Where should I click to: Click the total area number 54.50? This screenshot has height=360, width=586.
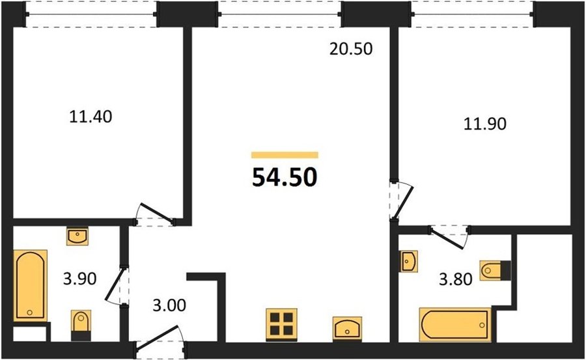(285, 177)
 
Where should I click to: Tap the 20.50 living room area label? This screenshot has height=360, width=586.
(351, 49)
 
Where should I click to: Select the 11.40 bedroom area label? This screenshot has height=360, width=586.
(91, 117)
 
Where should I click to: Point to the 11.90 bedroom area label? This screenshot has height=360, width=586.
(485, 124)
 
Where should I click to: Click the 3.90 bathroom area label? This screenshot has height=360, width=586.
(79, 279)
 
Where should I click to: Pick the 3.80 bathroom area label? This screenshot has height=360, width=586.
(456, 279)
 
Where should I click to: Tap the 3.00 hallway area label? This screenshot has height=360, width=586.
(169, 305)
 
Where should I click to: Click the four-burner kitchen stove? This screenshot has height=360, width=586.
(281, 324)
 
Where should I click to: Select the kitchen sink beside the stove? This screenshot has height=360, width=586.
(347, 329)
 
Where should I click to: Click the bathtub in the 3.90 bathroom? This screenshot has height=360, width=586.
(30, 285)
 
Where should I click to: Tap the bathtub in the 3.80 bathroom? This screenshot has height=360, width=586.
(455, 324)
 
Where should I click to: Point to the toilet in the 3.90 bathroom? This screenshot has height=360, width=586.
(81, 325)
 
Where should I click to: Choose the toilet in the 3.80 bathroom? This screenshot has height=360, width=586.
(495, 270)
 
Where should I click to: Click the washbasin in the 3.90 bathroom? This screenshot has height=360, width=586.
(77, 236)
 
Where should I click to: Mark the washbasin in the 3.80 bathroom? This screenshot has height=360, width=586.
(408, 261)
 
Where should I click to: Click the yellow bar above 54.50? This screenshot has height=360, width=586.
(285, 155)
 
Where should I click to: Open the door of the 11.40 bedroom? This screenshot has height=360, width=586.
(155, 214)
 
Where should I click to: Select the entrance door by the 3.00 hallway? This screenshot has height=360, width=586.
(159, 338)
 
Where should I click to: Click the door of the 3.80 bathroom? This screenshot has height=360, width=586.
(449, 237)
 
